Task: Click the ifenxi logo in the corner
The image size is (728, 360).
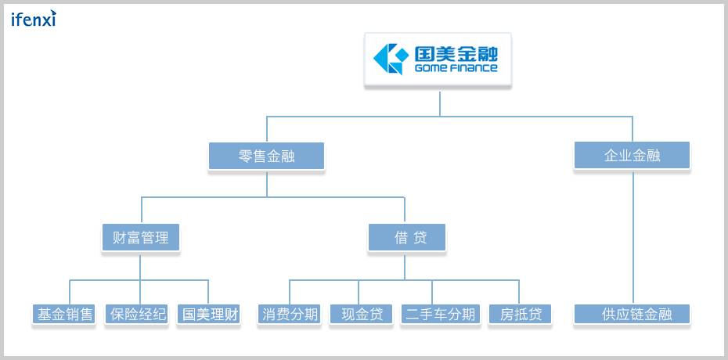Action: (x=34, y=19)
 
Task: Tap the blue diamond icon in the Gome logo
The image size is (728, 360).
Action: (x=390, y=58)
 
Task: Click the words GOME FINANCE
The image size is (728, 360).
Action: (x=456, y=68)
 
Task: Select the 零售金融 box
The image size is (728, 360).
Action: (x=267, y=156)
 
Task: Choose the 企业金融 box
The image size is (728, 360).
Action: (x=632, y=156)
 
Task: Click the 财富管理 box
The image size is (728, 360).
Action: (x=141, y=237)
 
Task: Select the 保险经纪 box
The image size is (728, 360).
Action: (x=138, y=315)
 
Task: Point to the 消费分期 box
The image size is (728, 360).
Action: (x=290, y=315)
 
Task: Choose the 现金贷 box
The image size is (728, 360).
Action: (x=361, y=315)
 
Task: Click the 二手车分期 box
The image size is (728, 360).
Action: (x=440, y=315)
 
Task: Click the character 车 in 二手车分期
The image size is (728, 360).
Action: (x=440, y=315)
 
